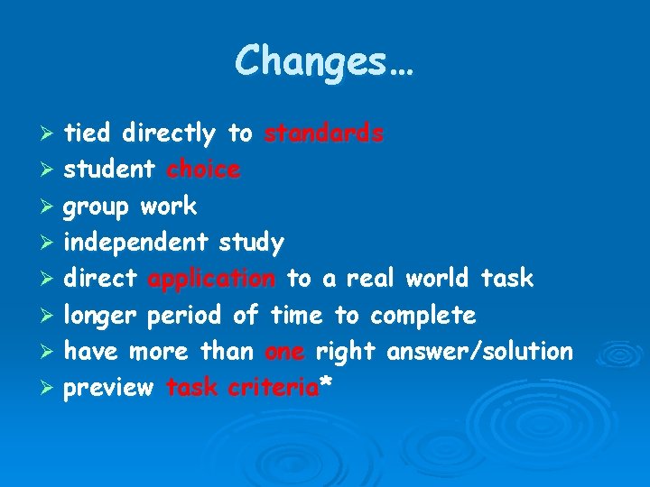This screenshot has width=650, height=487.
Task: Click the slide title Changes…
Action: coord(324,61)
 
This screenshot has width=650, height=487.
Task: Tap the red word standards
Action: coord(324,133)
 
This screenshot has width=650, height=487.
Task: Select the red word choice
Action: coord(204,170)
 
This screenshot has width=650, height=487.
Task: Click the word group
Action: coord(98,207)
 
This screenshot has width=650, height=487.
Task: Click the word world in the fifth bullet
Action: coord(437,279)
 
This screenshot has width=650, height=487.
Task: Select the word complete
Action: coord(422,316)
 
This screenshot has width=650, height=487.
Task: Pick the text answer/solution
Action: coord(480,352)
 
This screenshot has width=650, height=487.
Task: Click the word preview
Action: coord(108,388)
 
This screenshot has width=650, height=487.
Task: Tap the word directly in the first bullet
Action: coord(169,133)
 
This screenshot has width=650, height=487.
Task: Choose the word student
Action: coord(108,170)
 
